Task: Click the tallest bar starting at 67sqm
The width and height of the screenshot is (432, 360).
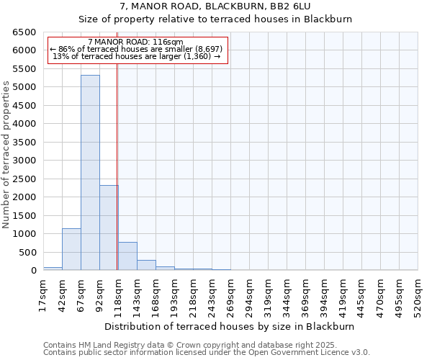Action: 90,173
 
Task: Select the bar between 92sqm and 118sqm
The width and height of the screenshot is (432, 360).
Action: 109,228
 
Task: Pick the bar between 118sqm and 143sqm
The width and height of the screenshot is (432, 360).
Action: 127,256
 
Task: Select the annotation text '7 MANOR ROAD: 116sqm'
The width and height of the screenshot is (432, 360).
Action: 135,42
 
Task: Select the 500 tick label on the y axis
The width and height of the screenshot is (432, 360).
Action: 27,253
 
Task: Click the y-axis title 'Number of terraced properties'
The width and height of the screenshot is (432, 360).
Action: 6,154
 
